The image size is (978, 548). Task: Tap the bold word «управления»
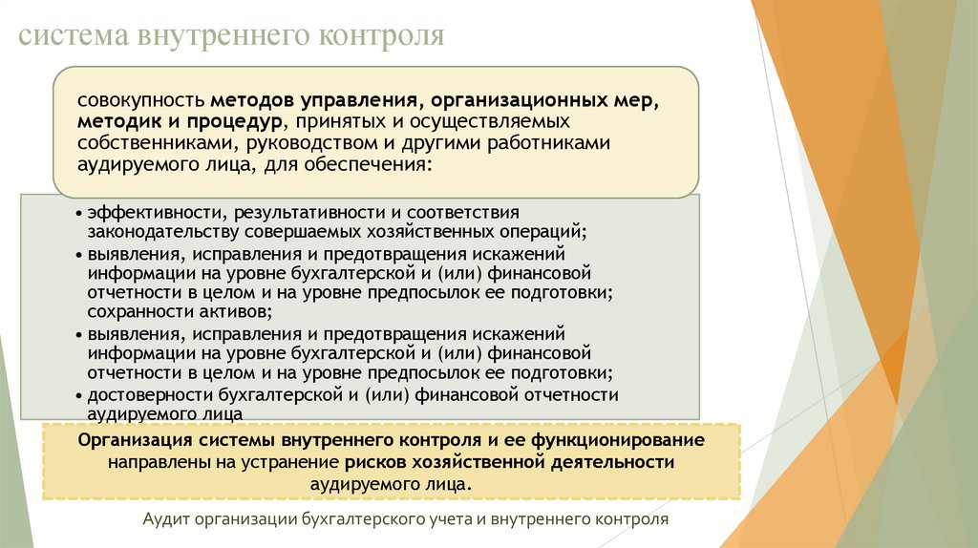pos(356,101)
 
